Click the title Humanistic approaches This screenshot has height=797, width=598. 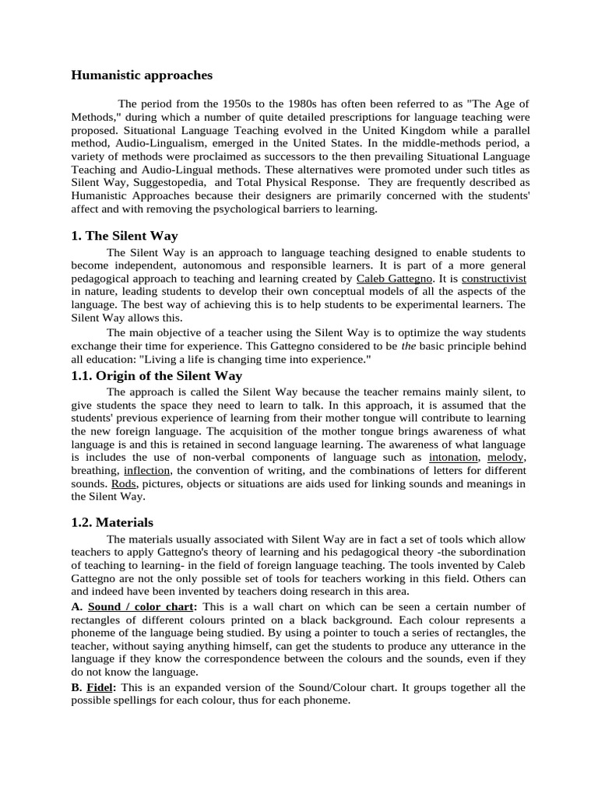coord(141,75)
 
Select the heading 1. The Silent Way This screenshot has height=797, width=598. coord(125,236)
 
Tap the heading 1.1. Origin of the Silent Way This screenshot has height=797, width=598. coord(157,376)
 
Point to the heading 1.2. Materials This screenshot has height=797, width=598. coord(112,522)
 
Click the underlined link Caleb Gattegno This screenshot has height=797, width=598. coord(393,278)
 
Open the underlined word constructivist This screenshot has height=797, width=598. coord(494,278)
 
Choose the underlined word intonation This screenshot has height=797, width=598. coord(453,457)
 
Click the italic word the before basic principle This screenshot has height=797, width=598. coord(408,346)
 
